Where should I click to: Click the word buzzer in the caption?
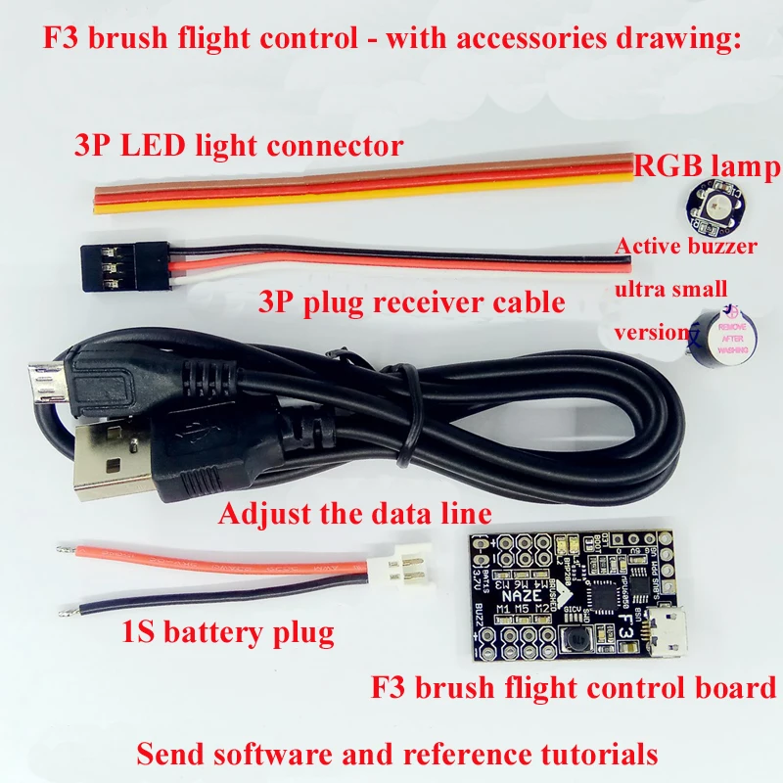(x=721, y=246)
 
